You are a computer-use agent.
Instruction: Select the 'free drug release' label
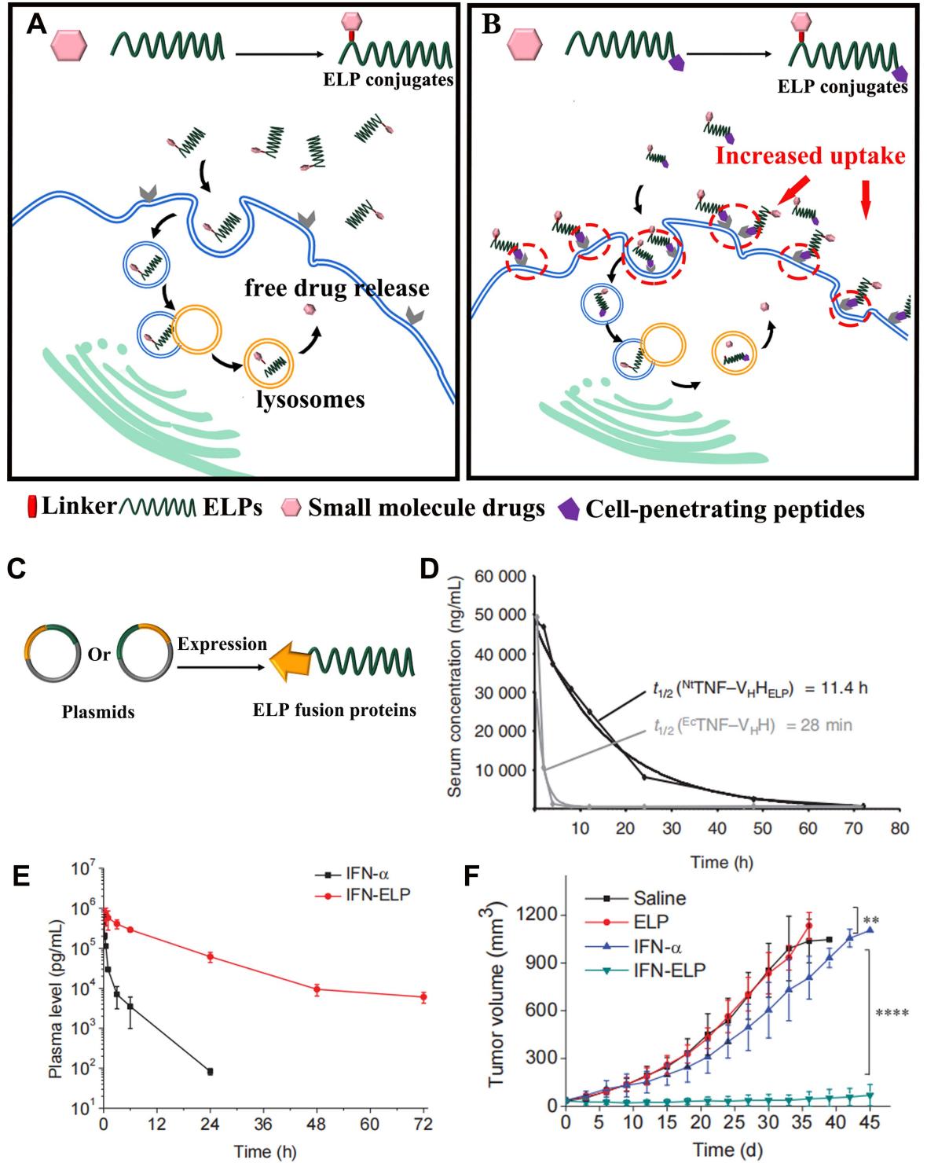335,288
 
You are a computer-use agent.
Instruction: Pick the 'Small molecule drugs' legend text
425,508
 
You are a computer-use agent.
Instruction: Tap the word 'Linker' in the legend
78,507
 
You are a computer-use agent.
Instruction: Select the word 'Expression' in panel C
222,644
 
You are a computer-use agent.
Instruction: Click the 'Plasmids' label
98,712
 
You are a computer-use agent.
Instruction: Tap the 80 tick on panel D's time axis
900,827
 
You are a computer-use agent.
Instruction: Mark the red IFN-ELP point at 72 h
423,997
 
